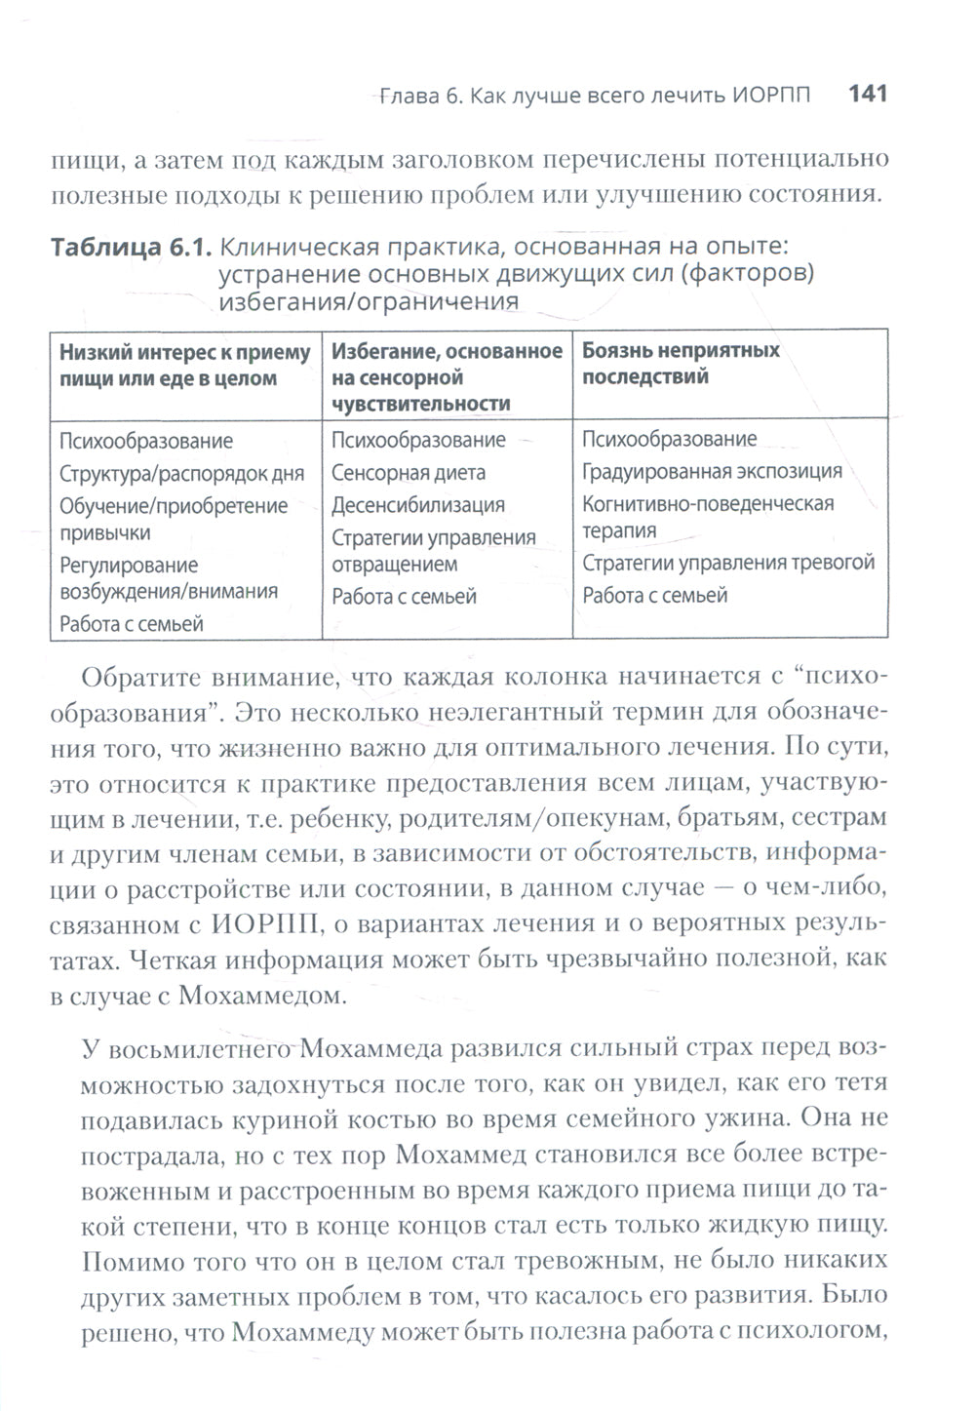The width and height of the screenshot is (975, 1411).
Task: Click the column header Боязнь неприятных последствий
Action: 681,364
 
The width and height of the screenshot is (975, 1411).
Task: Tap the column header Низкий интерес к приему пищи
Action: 185,366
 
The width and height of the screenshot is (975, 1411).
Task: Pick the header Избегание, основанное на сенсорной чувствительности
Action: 447,376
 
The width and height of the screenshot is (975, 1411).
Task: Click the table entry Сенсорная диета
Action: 408,473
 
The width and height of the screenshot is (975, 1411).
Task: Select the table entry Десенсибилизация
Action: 417,505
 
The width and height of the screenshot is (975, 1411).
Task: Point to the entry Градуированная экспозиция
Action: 712,472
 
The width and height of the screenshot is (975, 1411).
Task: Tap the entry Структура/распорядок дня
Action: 181,474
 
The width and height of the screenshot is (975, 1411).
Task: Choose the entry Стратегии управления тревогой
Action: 728,563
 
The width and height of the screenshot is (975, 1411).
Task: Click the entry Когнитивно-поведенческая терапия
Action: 708,517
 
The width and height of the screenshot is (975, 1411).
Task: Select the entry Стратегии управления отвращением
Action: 433,551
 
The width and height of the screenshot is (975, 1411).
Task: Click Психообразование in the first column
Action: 146,441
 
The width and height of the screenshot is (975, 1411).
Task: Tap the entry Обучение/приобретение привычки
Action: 174,519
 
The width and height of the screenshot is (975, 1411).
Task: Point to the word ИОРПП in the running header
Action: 770,96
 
